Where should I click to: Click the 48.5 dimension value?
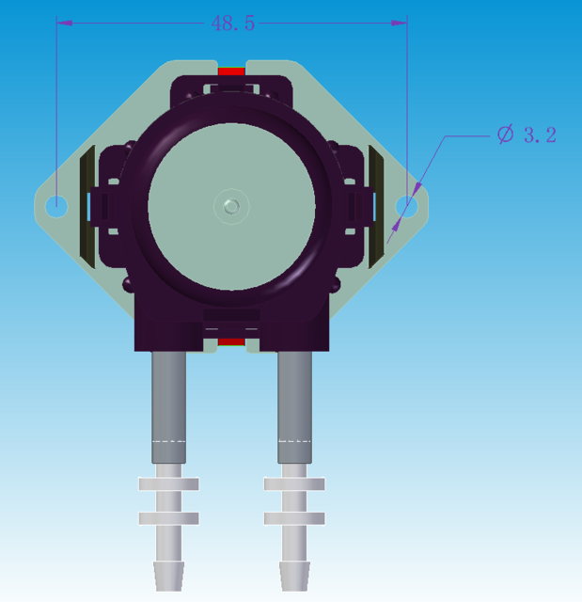pyautogui.click(x=233, y=24)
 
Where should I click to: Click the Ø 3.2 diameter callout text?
pyautogui.click(x=527, y=135)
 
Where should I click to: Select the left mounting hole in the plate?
pyautogui.click(x=56, y=204)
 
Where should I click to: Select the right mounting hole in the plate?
pyautogui.click(x=407, y=205)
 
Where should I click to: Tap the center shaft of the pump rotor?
pyautogui.click(x=231, y=205)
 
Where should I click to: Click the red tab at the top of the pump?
pyautogui.click(x=231, y=71)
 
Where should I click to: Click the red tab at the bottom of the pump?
pyautogui.click(x=231, y=341)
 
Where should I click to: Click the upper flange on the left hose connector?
pyautogui.click(x=168, y=483)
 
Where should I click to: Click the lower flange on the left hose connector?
pyautogui.click(x=168, y=518)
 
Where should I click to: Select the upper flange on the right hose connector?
pyautogui.click(x=294, y=483)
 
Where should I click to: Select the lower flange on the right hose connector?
pyautogui.click(x=294, y=518)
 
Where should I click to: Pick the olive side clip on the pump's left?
pyautogui.click(x=86, y=205)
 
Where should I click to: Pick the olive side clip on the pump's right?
pyautogui.click(x=378, y=205)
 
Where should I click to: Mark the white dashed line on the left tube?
pyautogui.click(x=168, y=440)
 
